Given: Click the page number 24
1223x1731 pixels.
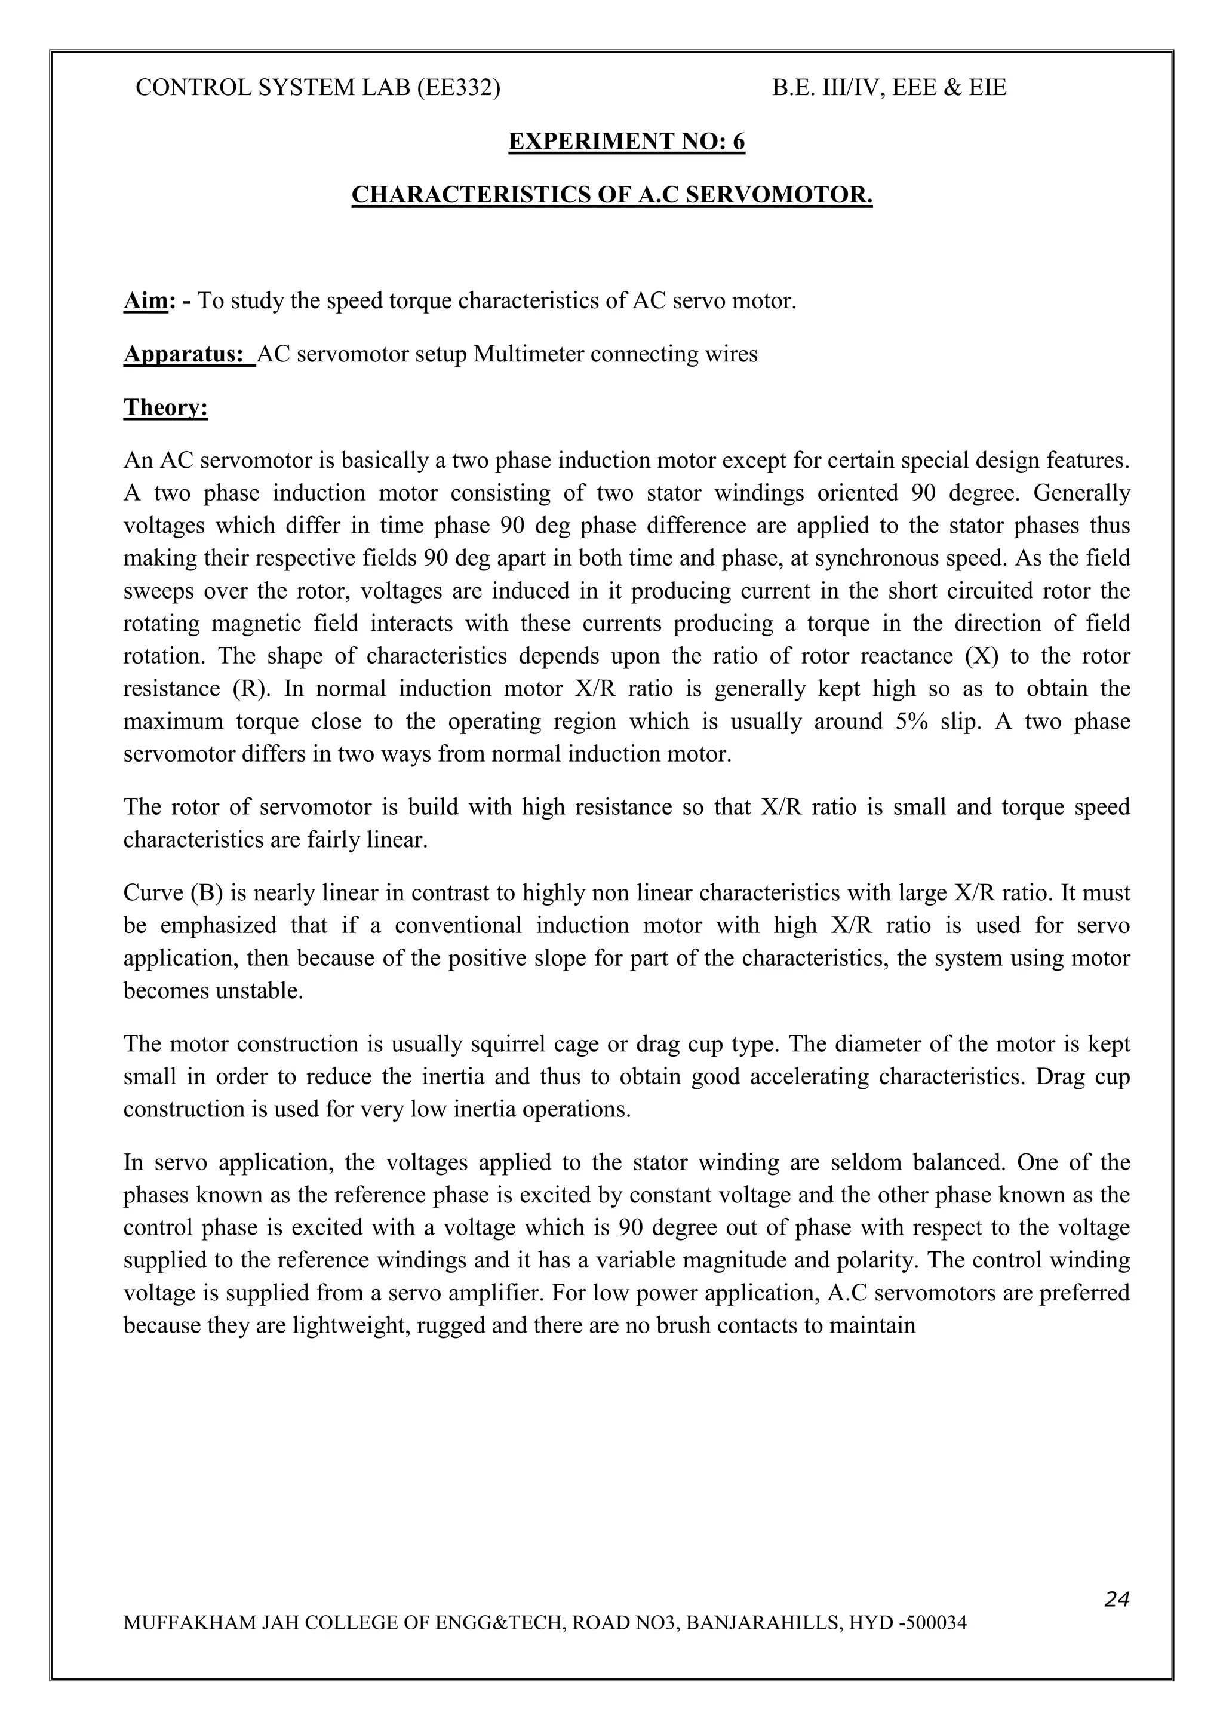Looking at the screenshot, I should click(1116, 1619).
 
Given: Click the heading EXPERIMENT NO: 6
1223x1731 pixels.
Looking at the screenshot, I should click(626, 142).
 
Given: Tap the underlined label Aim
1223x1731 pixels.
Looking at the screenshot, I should click(145, 302).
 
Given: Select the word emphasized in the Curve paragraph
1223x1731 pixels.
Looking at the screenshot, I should click(215, 925).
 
